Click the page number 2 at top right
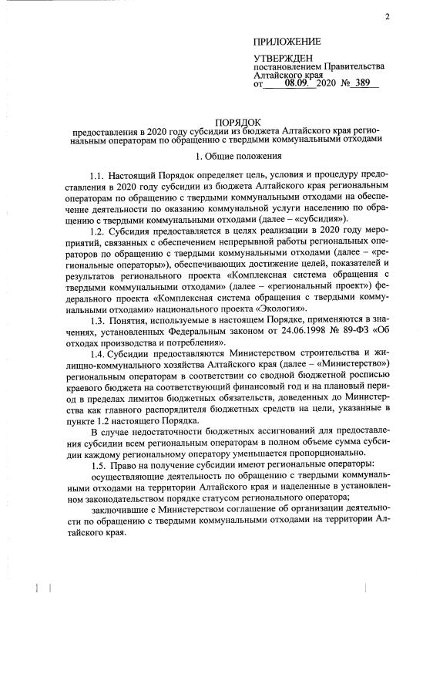(388, 16)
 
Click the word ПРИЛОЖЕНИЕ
(287, 41)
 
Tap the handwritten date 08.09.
(293, 83)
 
